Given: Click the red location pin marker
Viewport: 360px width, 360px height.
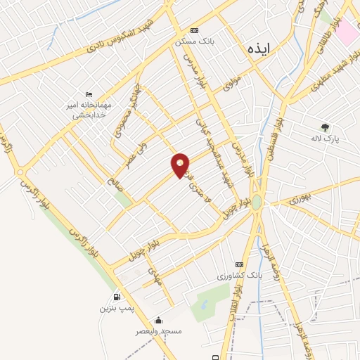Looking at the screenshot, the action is click(181, 166).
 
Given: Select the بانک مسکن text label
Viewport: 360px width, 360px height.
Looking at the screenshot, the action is click(194, 41).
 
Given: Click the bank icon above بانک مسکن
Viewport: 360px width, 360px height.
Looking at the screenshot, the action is click(194, 30).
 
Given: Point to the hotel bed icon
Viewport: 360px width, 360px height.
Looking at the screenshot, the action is click(88, 95).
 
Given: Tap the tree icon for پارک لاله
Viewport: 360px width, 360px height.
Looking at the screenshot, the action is click(325, 127).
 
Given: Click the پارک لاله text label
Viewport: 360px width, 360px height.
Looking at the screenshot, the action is click(326, 139).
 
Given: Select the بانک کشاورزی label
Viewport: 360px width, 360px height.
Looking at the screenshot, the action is click(239, 275).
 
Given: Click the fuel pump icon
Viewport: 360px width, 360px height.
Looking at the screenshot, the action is click(116, 295).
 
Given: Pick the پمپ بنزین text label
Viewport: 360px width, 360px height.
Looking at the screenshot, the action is click(114, 307).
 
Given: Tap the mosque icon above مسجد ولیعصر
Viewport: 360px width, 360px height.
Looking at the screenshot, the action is click(158, 320).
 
